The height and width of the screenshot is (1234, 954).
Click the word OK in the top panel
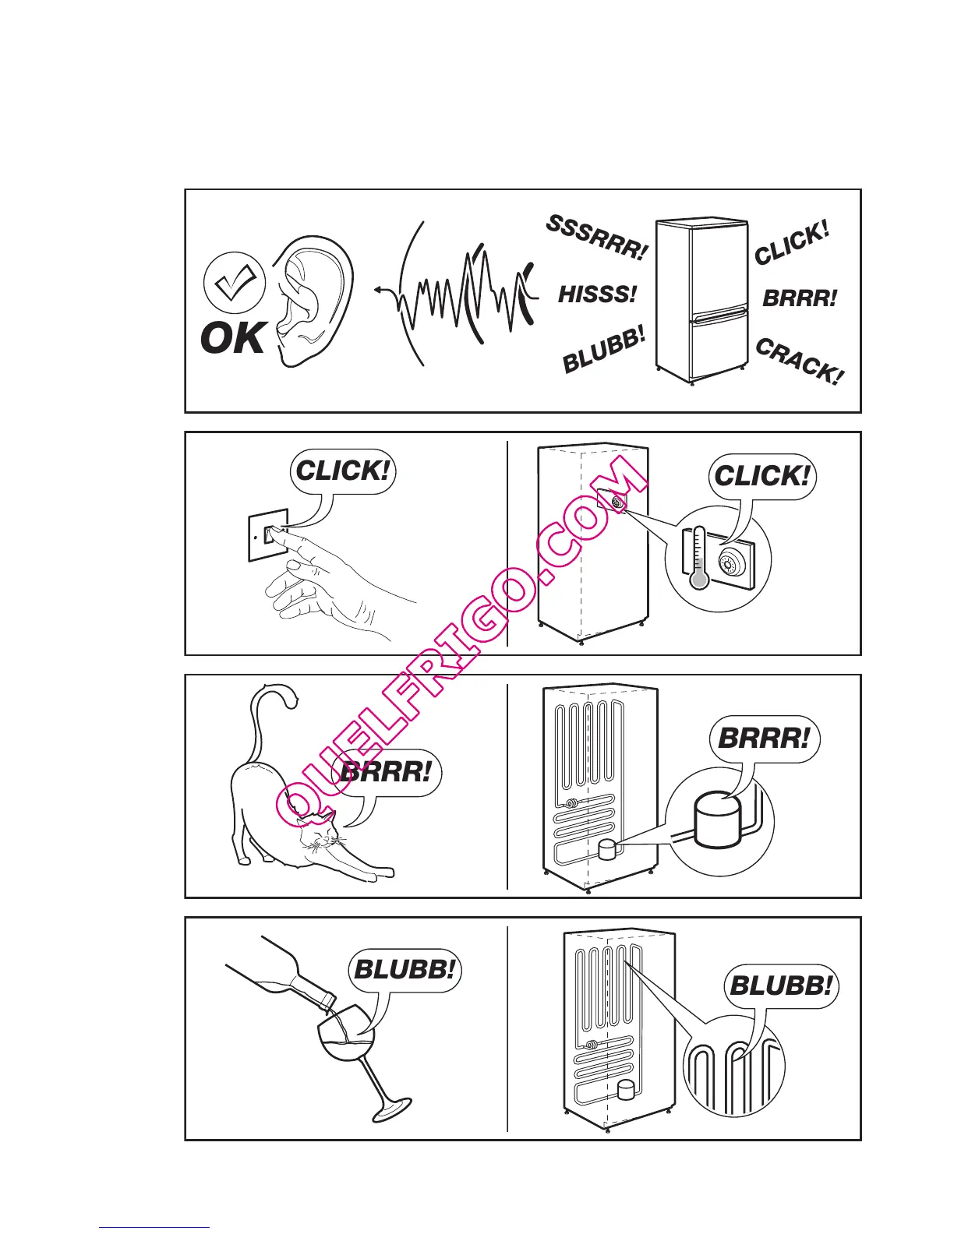tap(233, 339)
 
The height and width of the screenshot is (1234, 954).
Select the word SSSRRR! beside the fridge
tap(596, 238)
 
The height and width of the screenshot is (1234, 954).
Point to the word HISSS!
tap(597, 294)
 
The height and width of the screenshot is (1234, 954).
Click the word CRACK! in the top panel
tap(800, 361)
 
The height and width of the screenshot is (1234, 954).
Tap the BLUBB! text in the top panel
tap(604, 351)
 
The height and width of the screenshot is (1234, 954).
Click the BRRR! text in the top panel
tap(799, 298)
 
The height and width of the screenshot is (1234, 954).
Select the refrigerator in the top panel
tap(701, 301)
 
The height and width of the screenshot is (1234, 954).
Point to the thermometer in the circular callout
tap(698, 558)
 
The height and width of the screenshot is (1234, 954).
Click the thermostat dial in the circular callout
tap(733, 562)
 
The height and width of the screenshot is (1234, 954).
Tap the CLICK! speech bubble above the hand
tap(343, 471)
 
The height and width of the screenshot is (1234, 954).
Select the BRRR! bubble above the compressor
tap(764, 738)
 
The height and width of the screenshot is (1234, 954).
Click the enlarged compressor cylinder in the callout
tap(719, 823)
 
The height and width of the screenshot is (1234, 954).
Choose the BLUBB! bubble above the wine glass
tap(404, 970)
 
